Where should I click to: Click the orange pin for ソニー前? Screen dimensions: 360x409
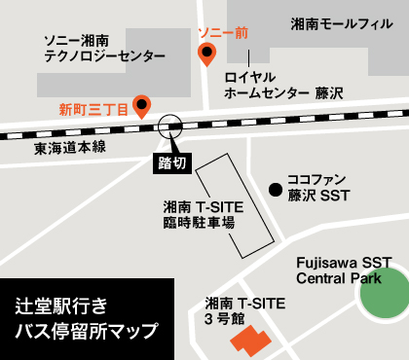206,54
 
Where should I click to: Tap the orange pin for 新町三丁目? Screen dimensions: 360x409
142,103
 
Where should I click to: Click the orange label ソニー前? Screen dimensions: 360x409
222,33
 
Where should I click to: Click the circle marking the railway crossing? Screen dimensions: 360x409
170,126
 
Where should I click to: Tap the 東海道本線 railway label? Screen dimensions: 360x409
69,148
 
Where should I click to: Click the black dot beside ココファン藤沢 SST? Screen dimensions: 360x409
276,188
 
